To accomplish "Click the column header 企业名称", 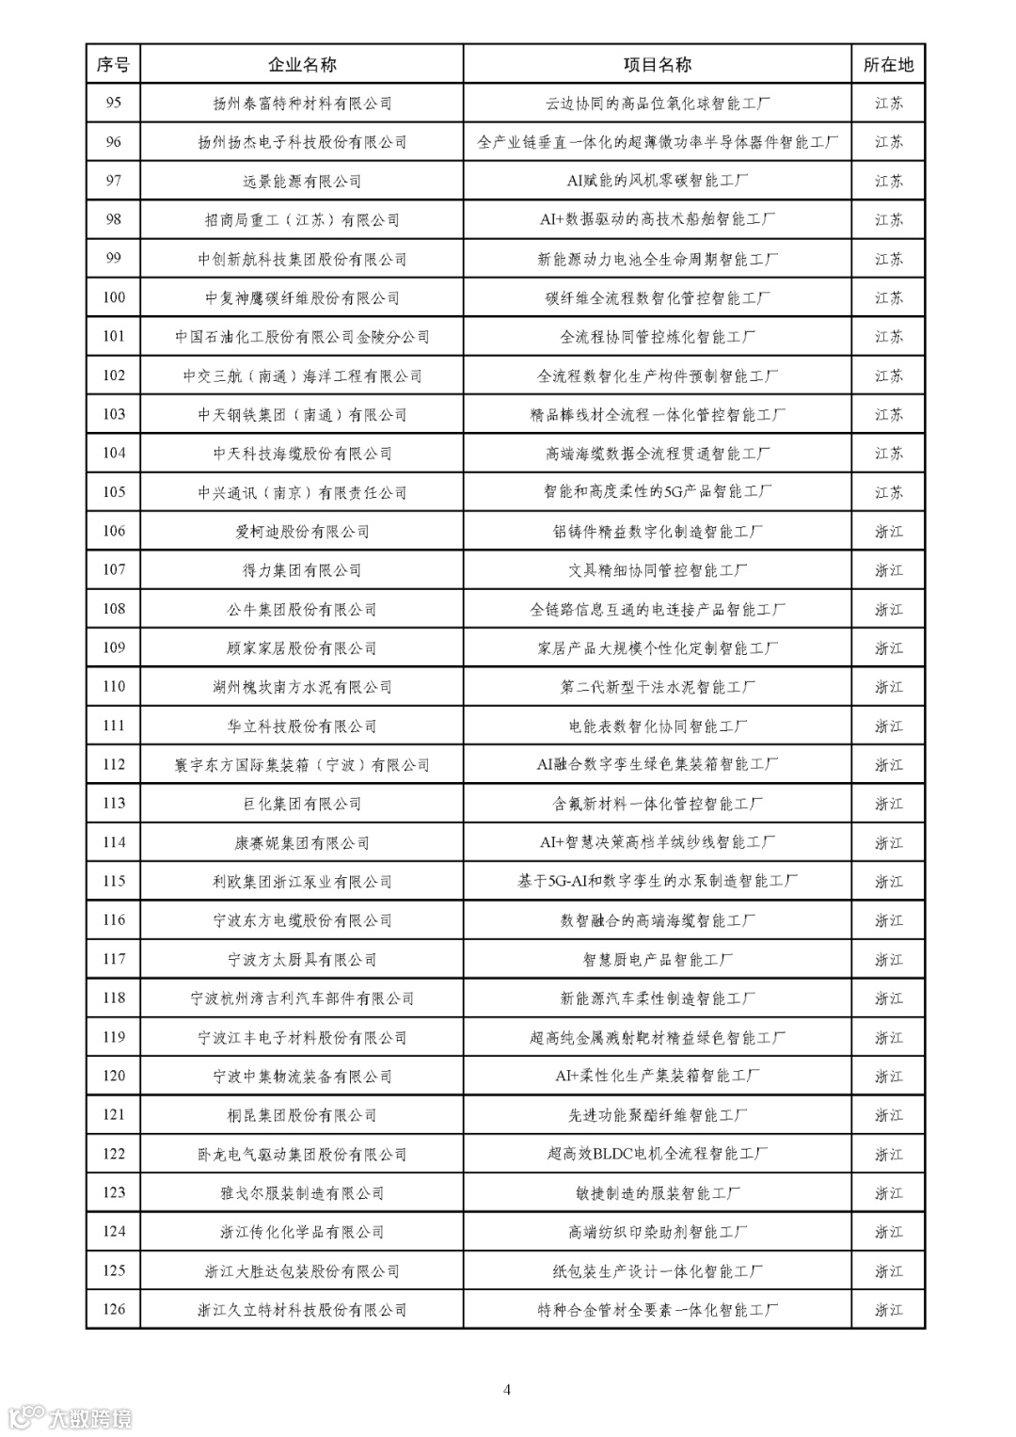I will point(302,65).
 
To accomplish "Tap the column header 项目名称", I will point(657,65).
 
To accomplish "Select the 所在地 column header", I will point(888,65).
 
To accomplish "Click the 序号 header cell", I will point(113,65).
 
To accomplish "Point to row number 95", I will point(113,103).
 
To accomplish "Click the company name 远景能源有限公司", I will point(302,181).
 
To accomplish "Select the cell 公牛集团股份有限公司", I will point(302,609).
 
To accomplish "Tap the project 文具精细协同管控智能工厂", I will point(657,570).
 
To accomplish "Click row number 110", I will point(113,687).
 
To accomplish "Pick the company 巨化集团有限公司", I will point(302,804).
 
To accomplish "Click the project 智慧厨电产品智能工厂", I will point(657,959).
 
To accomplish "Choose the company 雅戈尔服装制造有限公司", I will point(302,1192).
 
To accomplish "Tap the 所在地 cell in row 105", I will point(888,492).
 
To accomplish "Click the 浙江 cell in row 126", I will point(888,1309).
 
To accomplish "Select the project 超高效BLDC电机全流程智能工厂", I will point(657,1154).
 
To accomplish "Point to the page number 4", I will point(507,1389).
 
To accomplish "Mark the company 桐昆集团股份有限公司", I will point(302,1115).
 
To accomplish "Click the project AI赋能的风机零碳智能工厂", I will point(657,181).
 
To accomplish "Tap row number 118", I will point(113,998).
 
